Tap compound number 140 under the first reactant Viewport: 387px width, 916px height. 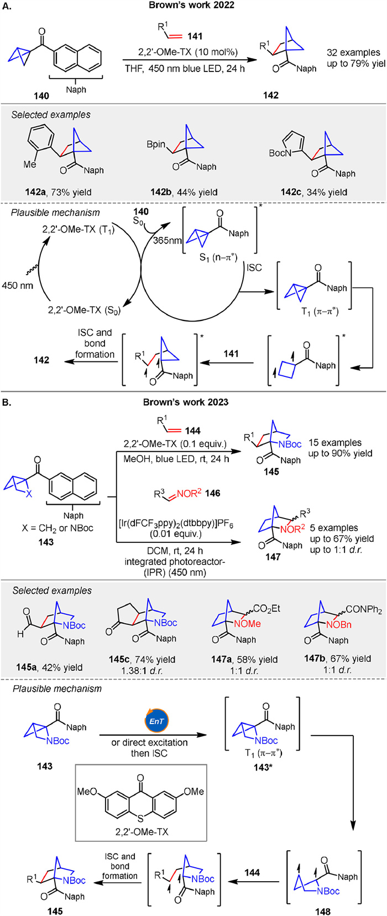[41, 95]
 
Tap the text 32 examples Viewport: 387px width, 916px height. [353, 53]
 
